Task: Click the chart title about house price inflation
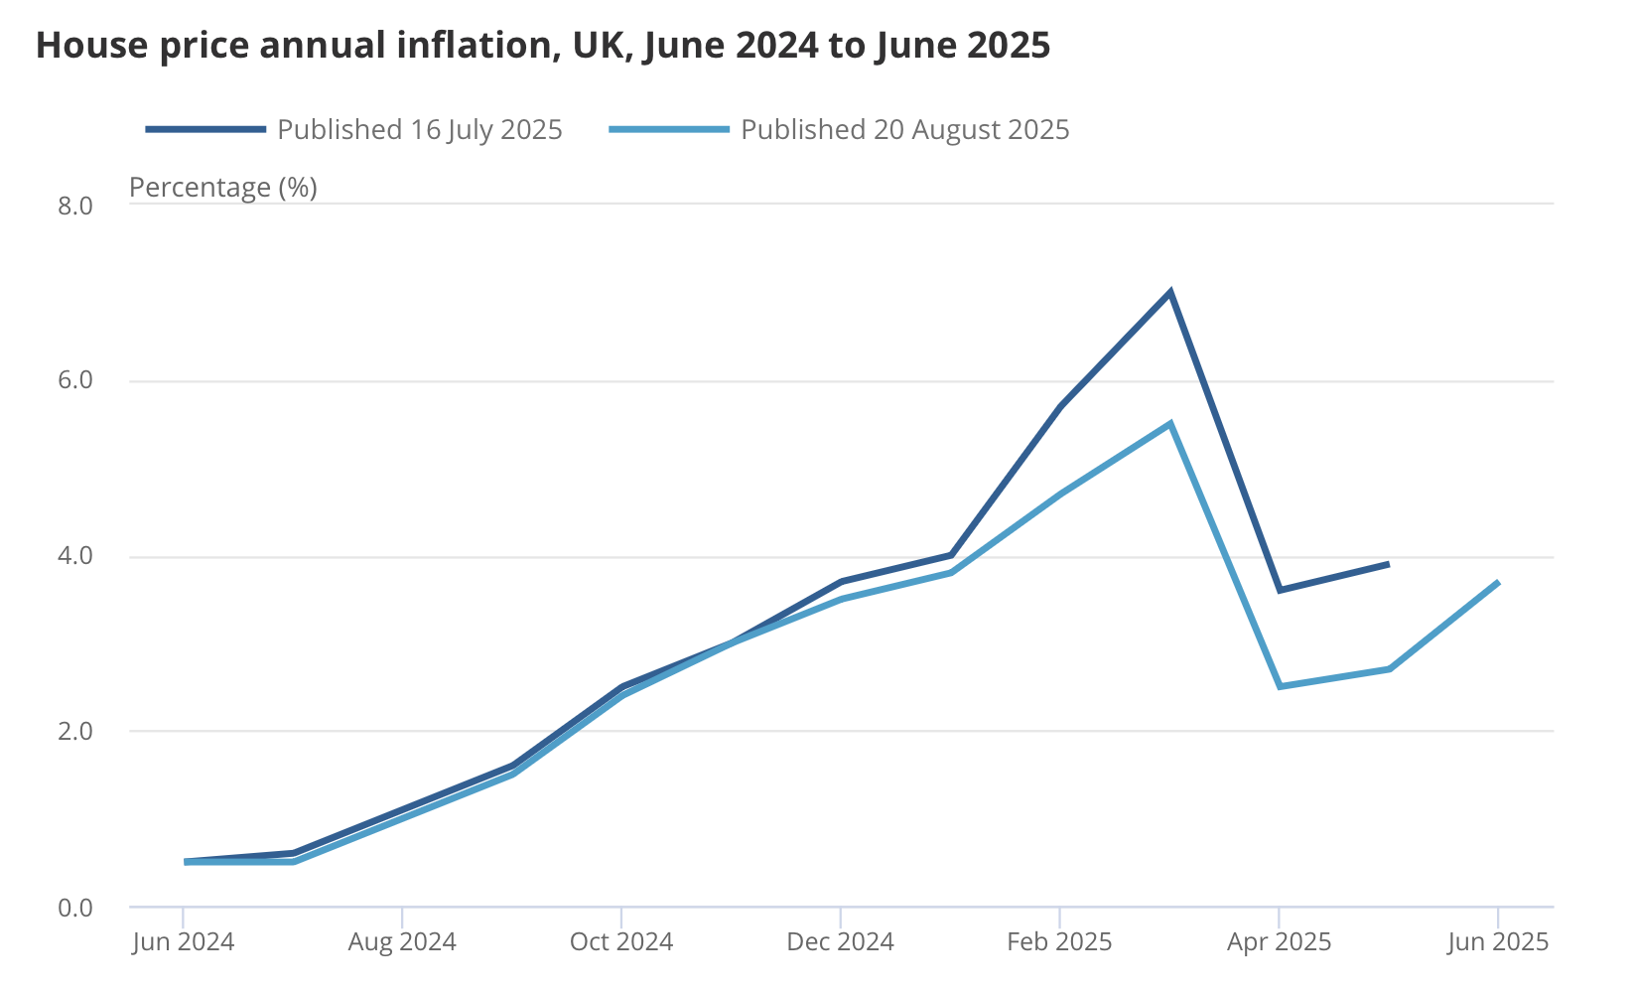click(x=543, y=46)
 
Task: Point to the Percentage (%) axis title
click(x=223, y=187)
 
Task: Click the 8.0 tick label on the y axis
click(x=75, y=206)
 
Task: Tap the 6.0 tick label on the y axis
click(x=75, y=381)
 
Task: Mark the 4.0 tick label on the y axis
click(x=75, y=556)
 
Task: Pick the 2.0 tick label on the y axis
click(x=75, y=732)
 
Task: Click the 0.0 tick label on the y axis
click(x=75, y=908)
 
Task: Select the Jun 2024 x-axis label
click(x=184, y=941)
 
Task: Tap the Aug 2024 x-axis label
click(x=402, y=941)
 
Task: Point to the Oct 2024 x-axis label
click(x=621, y=941)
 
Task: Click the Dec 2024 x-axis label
click(x=841, y=941)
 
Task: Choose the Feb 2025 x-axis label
click(x=1059, y=941)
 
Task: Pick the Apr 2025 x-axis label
click(x=1279, y=941)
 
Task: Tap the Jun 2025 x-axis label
click(x=1498, y=941)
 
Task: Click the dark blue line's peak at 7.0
click(x=1170, y=292)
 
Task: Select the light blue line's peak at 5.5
click(x=1170, y=424)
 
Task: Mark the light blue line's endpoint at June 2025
click(x=1497, y=582)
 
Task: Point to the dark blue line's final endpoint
click(x=1387, y=564)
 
